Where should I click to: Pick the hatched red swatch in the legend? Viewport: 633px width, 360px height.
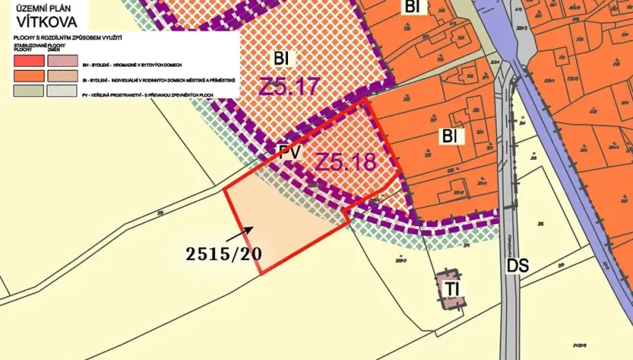[63, 62]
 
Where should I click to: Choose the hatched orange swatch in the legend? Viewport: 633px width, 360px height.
[63, 76]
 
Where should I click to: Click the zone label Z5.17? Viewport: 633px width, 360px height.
[288, 86]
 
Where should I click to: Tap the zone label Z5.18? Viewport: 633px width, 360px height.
[346, 162]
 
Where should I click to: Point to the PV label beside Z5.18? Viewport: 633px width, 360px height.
[289, 153]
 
